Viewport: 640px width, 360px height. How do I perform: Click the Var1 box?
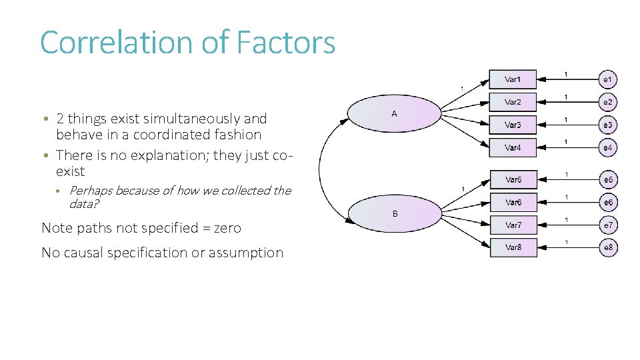[x=513, y=79]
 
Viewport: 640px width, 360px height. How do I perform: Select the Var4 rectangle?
[x=513, y=147]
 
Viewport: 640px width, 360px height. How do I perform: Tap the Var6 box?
[x=513, y=202]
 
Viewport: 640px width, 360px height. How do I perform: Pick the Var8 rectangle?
[x=513, y=247]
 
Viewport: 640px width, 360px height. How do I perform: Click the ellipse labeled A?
[x=395, y=114]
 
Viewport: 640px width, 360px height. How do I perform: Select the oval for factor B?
[x=395, y=213]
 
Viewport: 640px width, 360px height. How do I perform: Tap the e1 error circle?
[x=607, y=79]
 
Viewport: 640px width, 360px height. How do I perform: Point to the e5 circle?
[x=607, y=180]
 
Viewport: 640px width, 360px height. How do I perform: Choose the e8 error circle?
[x=607, y=248]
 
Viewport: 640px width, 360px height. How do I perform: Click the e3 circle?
[x=607, y=125]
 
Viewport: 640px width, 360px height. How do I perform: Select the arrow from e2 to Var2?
[x=567, y=102]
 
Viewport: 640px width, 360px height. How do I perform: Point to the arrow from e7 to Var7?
[x=567, y=225]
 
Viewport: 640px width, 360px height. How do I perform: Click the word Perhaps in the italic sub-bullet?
[x=91, y=191]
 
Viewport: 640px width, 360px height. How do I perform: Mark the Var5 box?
[x=513, y=179]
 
